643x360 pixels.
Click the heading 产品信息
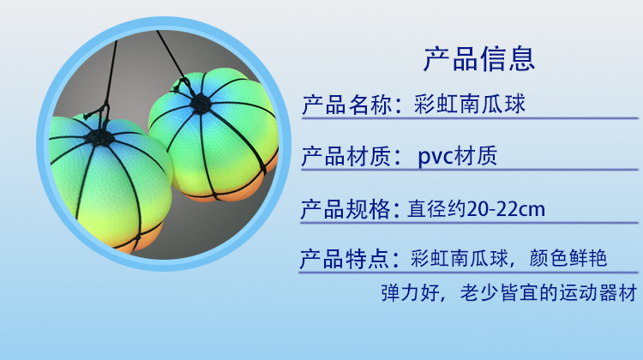point(479,58)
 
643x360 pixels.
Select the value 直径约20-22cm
point(477,209)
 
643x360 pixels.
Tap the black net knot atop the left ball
point(102,135)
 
